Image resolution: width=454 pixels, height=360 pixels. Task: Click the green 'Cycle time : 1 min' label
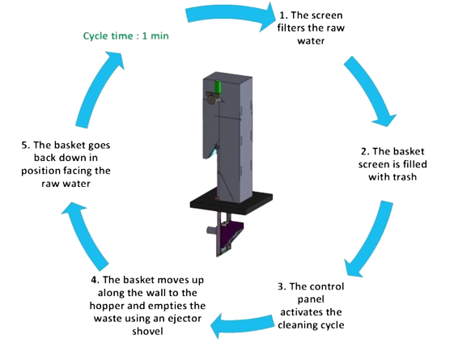click(126, 36)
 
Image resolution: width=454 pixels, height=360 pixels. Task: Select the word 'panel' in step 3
click(311, 299)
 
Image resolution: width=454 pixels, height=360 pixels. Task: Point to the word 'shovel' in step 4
click(147, 331)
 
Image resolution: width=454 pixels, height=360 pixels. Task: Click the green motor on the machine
click(218, 87)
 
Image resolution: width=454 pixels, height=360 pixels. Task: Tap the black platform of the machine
click(231, 203)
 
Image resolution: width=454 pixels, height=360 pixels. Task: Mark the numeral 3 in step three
click(280, 286)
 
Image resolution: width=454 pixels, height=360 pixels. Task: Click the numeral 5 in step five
click(24, 145)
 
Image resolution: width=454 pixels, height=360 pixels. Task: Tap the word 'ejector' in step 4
click(185, 319)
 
